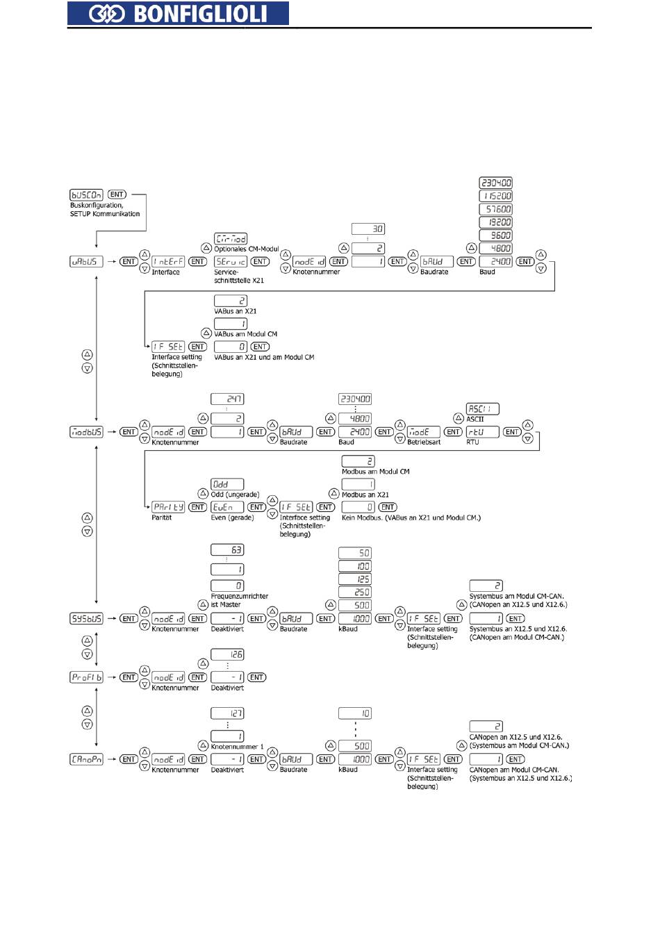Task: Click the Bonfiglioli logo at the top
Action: (178, 13)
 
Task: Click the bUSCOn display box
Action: (86, 194)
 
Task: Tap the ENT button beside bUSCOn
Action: (117, 194)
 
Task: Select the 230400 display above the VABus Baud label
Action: (496, 183)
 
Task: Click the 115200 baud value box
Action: (496, 196)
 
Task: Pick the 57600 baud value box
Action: (496, 209)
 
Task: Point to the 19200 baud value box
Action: (496, 222)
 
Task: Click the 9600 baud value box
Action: (496, 235)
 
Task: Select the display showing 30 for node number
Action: (368, 229)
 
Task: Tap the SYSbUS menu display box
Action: (86, 618)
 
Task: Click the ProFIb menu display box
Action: (86, 677)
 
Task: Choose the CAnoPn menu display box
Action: (86, 759)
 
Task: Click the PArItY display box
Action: (168, 507)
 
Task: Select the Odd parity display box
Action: (227, 484)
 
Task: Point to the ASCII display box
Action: (483, 409)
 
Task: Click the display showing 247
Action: (227, 399)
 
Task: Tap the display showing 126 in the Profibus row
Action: (227, 654)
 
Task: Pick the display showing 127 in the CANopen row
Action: (227, 713)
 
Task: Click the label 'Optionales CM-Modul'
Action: (247, 249)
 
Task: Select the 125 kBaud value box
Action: (355, 579)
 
